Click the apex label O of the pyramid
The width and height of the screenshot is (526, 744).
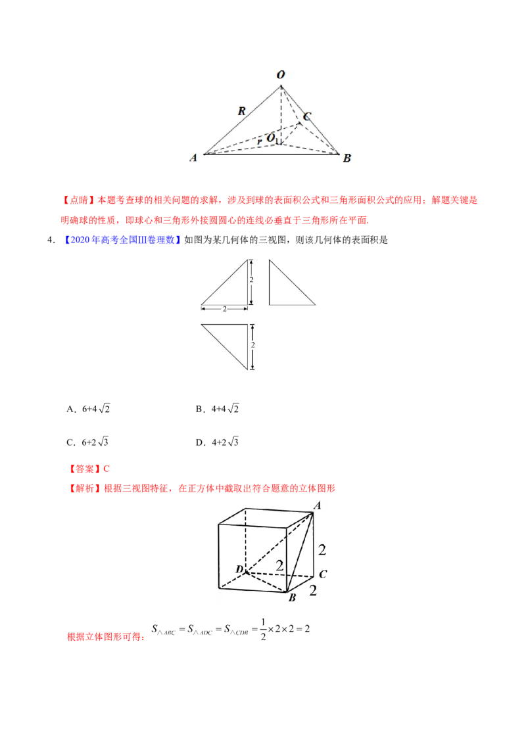pyautogui.click(x=281, y=76)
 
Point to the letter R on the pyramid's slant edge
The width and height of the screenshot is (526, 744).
pyautogui.click(x=241, y=111)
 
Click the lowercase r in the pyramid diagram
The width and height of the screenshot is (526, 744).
pyautogui.click(x=260, y=140)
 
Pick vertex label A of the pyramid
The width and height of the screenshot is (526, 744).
pyautogui.click(x=193, y=158)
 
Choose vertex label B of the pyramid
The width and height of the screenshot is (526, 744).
pyautogui.click(x=347, y=158)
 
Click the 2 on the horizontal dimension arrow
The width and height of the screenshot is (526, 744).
pyautogui.click(x=224, y=308)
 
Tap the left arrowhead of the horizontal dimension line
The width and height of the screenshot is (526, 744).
pyautogui.click(x=203, y=308)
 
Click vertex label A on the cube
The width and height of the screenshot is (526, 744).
pyautogui.click(x=317, y=505)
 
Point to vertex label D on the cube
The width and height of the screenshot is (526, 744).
pyautogui.click(x=239, y=569)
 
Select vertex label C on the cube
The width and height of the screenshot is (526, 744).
pyautogui.click(x=322, y=573)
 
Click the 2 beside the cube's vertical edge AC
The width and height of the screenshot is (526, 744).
pyautogui.click(x=322, y=550)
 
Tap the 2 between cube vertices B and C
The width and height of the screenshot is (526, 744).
pyautogui.click(x=312, y=590)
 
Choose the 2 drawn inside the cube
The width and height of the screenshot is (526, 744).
pyautogui.click(x=279, y=565)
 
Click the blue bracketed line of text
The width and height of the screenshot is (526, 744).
pyautogui.click(x=123, y=241)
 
